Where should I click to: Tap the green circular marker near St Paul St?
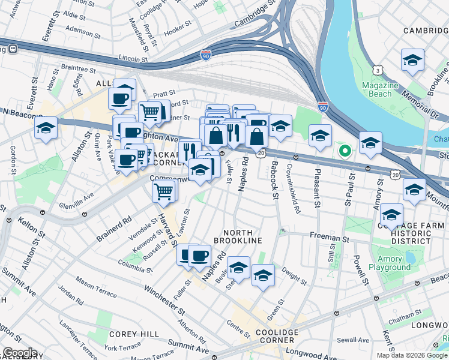pos(345,150)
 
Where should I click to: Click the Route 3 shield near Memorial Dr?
pos(377,70)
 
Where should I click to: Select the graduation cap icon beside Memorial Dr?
pos(412,60)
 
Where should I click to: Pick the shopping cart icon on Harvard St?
pos(164,192)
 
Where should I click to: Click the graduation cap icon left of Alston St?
pos(46,128)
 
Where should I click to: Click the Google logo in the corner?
pos(19,353)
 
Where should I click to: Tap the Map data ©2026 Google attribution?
pos(412,355)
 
